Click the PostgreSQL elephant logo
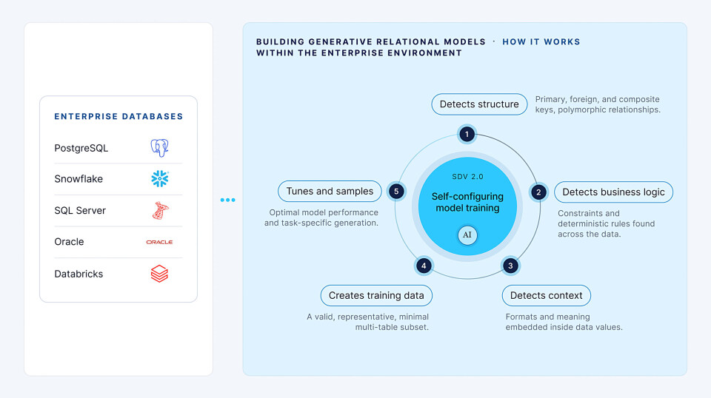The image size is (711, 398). (160, 148)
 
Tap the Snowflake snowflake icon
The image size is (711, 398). (160, 179)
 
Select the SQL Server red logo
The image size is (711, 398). (160, 211)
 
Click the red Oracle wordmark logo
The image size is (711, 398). (159, 242)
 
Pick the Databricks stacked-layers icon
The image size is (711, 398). (160, 274)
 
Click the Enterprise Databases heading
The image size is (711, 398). (118, 116)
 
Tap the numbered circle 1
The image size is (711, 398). (467, 134)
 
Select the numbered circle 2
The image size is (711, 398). (538, 192)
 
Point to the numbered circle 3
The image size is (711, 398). (510, 266)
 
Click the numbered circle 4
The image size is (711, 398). (424, 266)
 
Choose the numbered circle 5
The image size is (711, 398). (396, 192)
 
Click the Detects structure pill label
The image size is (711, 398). (479, 104)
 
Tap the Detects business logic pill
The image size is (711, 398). (613, 192)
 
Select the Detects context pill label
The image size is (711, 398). (547, 296)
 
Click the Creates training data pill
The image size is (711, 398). (376, 296)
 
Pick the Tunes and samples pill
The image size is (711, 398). (330, 191)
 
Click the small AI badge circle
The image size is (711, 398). (467, 235)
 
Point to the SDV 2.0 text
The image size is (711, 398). (467, 177)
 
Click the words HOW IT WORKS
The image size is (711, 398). (541, 41)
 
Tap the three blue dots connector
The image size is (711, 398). (227, 200)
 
